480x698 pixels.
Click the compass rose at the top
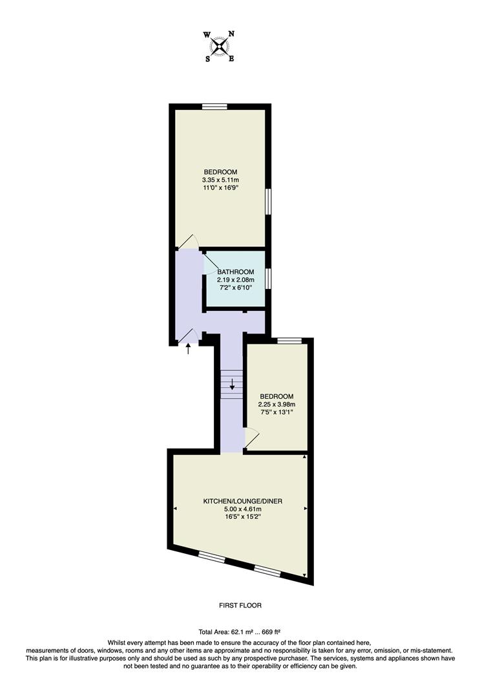pyautogui.click(x=220, y=46)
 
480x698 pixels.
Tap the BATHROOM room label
pyautogui.click(x=236, y=272)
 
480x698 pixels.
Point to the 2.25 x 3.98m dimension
pyautogui.click(x=277, y=405)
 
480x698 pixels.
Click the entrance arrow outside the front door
pyautogui.click(x=189, y=350)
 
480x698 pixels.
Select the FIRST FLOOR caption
pyautogui.click(x=240, y=606)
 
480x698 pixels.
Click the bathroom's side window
pyautogui.click(x=267, y=279)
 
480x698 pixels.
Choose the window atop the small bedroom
pyautogui.click(x=290, y=340)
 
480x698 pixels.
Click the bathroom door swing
pyautogui.click(x=211, y=265)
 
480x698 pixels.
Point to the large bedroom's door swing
pyautogui.click(x=187, y=242)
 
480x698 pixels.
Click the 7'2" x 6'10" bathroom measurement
pyautogui.click(x=236, y=288)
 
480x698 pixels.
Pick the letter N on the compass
pyautogui.click(x=232, y=34)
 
